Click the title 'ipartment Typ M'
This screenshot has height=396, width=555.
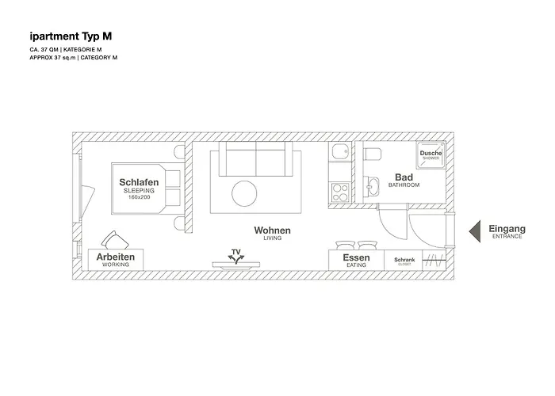pos(70,36)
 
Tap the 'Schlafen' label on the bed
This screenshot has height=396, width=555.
pos(140,182)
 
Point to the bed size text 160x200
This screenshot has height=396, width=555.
pos(140,197)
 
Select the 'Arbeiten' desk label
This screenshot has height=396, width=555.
pos(116,258)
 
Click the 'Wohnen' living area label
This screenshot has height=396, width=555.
pos(272,230)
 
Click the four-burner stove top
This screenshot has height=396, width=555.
pos(340,192)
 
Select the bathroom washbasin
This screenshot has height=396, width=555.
pos(373,187)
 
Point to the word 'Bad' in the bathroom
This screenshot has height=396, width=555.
pos(404,177)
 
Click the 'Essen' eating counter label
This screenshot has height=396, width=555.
pos(355,259)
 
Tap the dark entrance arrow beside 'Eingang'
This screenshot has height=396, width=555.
pos(473,230)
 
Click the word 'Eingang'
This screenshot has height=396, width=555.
pos(507,228)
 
